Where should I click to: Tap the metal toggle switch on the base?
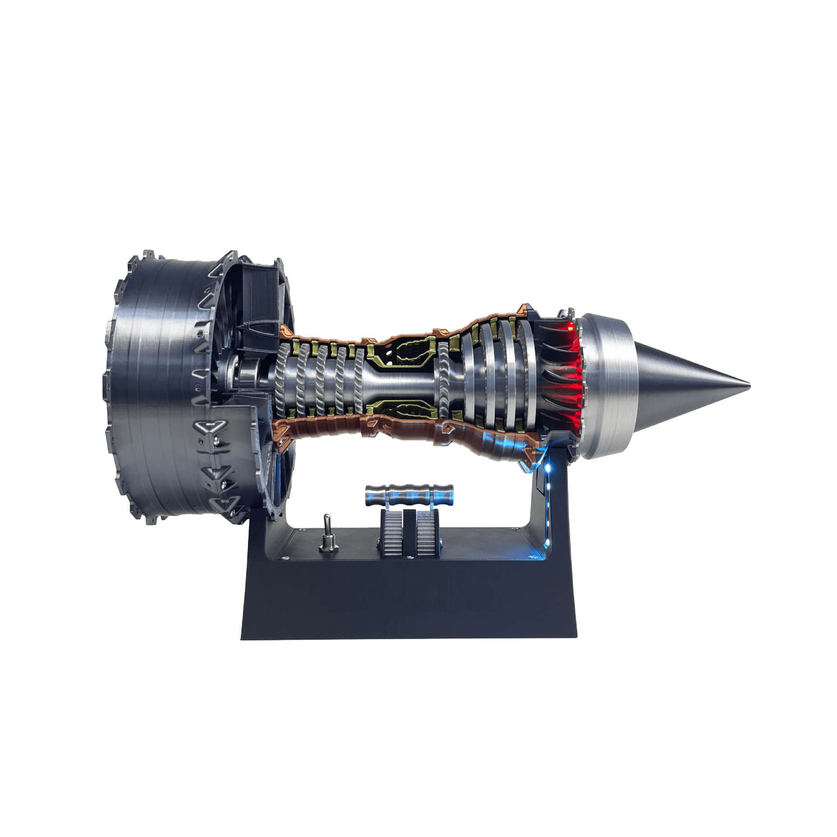pos(326,525)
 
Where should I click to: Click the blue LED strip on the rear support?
pos(550,502)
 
